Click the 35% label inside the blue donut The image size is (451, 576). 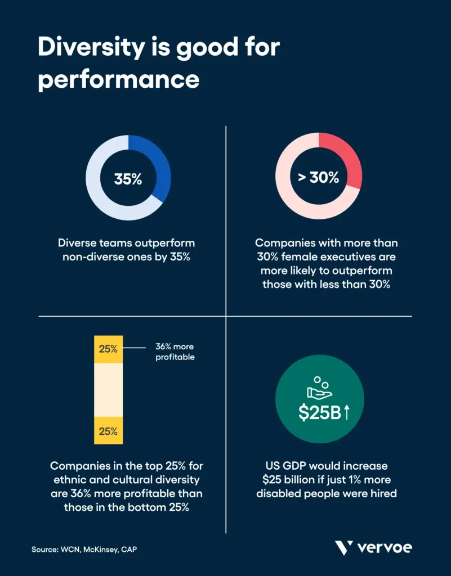tap(128, 179)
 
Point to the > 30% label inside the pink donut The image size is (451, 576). tap(318, 178)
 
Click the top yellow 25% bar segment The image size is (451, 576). tap(108, 349)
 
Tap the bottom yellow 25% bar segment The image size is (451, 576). tap(108, 431)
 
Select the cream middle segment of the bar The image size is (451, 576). tap(108, 390)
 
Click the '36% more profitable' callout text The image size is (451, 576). tap(175, 352)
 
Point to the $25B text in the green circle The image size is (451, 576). tap(319, 412)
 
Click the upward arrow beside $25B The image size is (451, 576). tap(347, 412)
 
